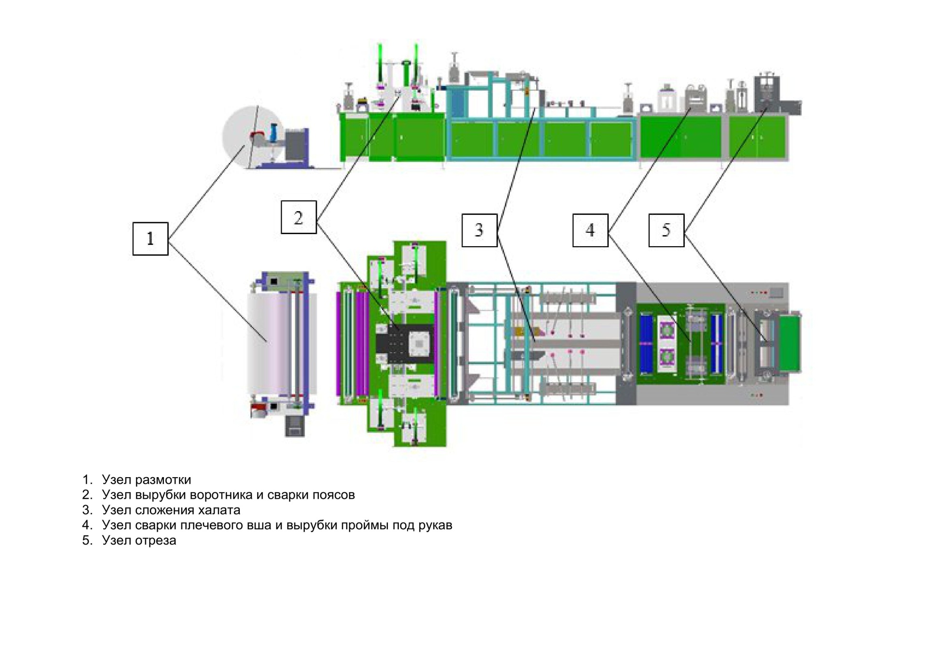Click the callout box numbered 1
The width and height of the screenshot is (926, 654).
150,239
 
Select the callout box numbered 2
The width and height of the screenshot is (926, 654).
299,217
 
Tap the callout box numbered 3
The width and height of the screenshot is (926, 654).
479,230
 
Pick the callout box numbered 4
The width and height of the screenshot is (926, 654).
590,230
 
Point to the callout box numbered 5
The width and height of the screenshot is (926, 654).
666,230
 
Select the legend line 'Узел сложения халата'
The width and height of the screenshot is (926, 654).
171,510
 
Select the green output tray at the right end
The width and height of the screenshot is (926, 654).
790,342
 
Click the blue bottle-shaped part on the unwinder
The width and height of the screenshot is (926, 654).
274,132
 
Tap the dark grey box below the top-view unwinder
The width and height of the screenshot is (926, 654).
295,426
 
